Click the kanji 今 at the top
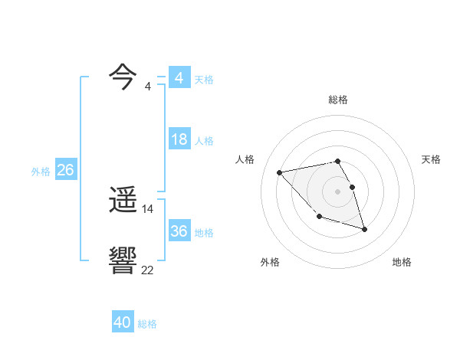point(123,77)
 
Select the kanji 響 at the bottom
point(123,261)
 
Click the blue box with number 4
point(179,78)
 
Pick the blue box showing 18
point(179,139)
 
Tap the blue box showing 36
point(179,231)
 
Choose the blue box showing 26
point(65,170)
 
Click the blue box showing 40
point(123,322)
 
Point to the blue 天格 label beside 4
point(204,80)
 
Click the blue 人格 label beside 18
point(204,141)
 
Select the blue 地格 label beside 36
point(204,233)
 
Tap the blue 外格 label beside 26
point(41,172)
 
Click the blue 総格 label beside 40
point(147,324)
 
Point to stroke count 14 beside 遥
point(148,208)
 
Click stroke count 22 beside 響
point(148,270)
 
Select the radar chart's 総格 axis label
point(337,100)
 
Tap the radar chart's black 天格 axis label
point(431,159)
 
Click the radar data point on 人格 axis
point(280,172)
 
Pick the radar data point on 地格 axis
point(364,229)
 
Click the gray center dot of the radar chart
point(337,191)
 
